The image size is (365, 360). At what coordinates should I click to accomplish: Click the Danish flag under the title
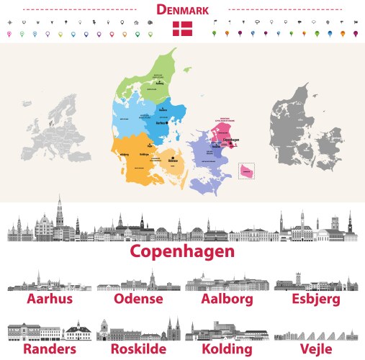(182, 29)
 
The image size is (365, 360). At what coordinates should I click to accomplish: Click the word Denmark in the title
(182, 10)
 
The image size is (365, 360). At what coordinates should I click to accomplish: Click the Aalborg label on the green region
(160, 84)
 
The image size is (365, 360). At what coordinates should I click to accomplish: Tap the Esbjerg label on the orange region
(123, 154)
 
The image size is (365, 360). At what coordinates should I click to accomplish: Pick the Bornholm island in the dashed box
(247, 171)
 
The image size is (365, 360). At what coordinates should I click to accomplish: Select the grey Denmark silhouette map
(305, 125)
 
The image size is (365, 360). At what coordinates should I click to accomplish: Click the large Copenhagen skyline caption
(182, 252)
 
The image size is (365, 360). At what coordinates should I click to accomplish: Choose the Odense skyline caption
(138, 299)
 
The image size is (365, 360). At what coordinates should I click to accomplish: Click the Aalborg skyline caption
(227, 299)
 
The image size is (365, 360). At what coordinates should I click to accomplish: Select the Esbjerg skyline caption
(317, 299)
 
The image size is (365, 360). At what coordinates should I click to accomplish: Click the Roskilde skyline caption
(139, 348)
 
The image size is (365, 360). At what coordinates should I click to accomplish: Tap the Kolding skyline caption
(227, 348)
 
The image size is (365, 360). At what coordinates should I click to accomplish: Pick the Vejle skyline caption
(317, 348)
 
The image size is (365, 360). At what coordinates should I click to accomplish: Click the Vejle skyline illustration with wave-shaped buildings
(317, 334)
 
